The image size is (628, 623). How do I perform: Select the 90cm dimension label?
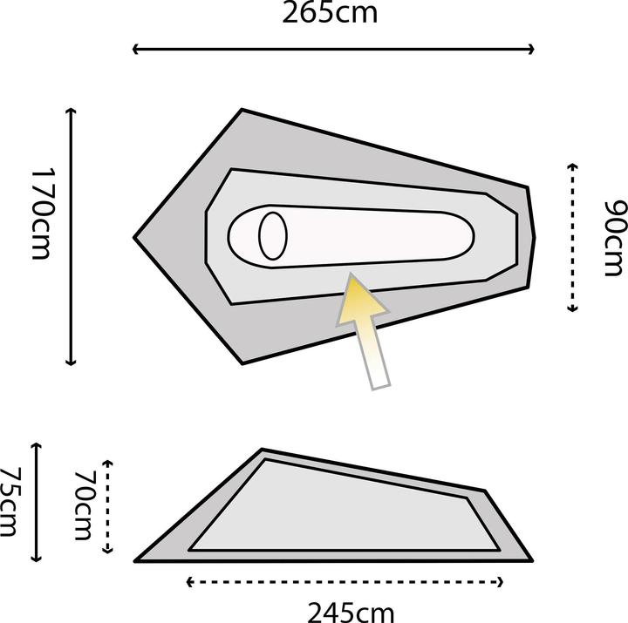[x=614, y=238]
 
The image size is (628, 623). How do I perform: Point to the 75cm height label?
[x=11, y=503]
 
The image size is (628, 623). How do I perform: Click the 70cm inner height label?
[x=85, y=505]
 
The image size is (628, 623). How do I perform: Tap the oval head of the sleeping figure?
[x=273, y=235]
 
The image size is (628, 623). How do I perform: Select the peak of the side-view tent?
[x=263, y=450]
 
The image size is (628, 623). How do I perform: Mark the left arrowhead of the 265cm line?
[x=135, y=50]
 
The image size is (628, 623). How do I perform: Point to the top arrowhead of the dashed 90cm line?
[x=573, y=166]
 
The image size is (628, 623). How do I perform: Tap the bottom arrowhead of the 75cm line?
[x=37, y=559]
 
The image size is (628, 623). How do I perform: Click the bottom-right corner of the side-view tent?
[x=529, y=559]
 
